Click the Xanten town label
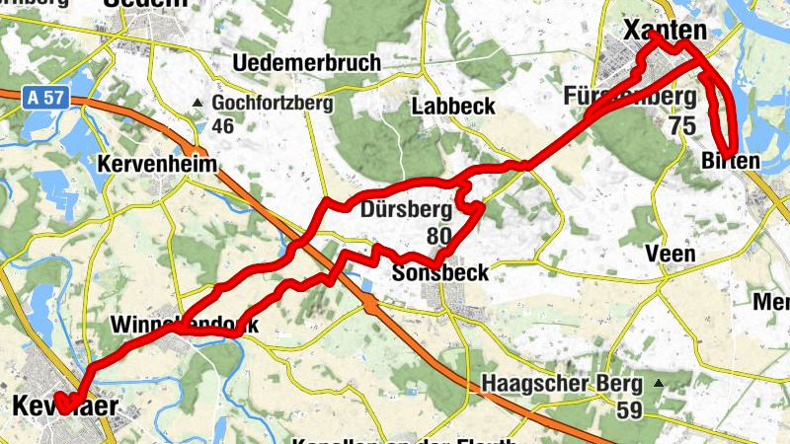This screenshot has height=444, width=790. coord(666,32)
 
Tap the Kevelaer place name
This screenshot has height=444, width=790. coord(65,406)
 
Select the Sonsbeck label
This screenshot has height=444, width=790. coord(440,272)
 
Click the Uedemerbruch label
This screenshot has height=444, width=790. coord(306,63)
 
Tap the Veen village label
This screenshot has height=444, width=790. coord(670,254)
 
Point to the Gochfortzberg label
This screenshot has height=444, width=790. coord(273,103)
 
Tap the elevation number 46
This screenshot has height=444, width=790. coord(222,125)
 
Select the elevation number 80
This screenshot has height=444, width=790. coord(439,236)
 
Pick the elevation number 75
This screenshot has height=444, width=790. coord(681,125)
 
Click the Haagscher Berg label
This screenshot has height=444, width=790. coord(562,383)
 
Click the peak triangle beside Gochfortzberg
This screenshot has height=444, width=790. coord(197,103)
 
